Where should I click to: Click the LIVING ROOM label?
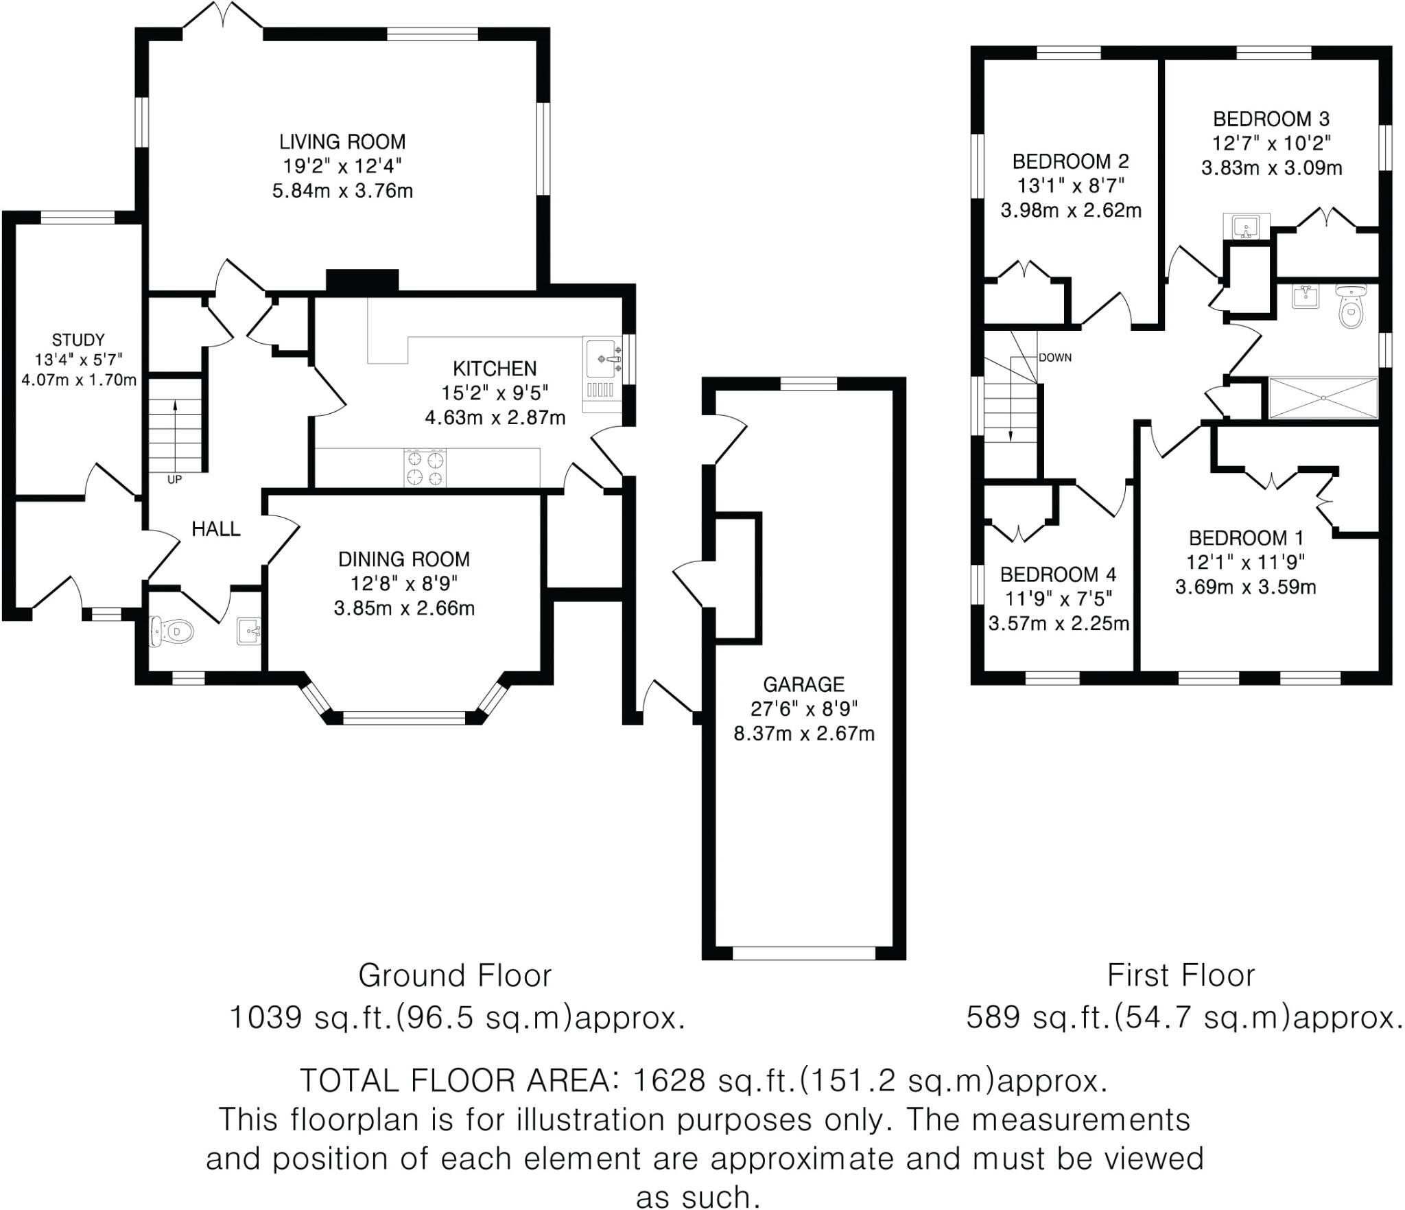pyautogui.click(x=342, y=142)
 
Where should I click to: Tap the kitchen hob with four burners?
pyautogui.click(x=425, y=468)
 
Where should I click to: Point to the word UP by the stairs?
pyautogui.click(x=174, y=480)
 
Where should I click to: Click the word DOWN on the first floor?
pyautogui.click(x=1054, y=358)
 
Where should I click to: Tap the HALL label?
pyautogui.click(x=215, y=528)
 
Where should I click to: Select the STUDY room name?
pyautogui.click(x=78, y=340)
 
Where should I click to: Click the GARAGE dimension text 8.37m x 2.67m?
pyautogui.click(x=804, y=734)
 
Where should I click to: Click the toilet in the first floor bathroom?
pyautogui.click(x=1350, y=310)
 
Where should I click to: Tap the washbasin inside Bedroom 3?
pyautogui.click(x=1246, y=226)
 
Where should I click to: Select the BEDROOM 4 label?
pyautogui.click(x=1058, y=574)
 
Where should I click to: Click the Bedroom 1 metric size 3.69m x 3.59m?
pyautogui.click(x=1245, y=587)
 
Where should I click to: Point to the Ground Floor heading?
pyautogui.click(x=455, y=975)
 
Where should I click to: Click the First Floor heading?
pyautogui.click(x=1181, y=975)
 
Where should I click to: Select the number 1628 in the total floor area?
pyautogui.click(x=668, y=1080)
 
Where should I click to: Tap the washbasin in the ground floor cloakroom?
pyautogui.click(x=248, y=630)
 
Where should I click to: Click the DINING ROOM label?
pyautogui.click(x=403, y=559)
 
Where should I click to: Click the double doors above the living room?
pyautogui.click(x=223, y=15)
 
